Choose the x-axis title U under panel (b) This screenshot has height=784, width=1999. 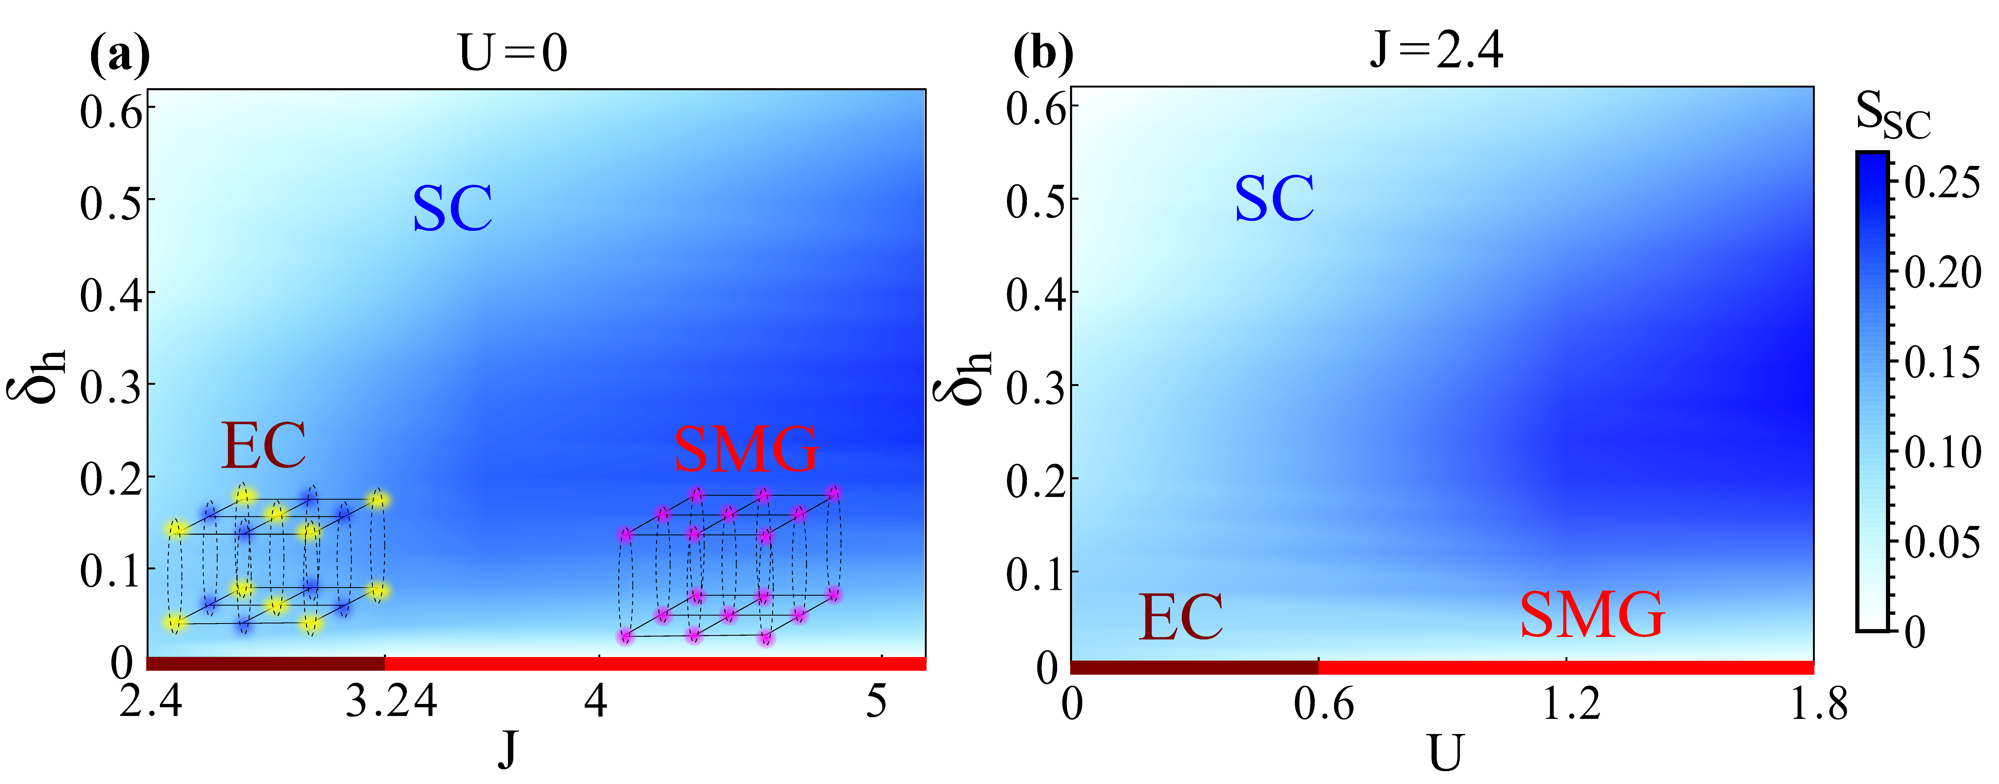tap(1445, 753)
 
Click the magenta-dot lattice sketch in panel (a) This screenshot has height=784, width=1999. tap(729, 565)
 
